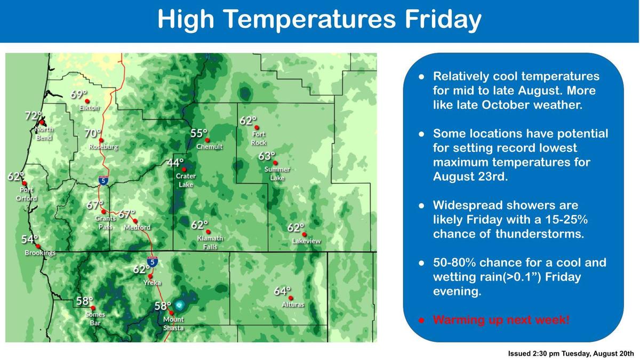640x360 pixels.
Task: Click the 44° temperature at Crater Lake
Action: pos(175,163)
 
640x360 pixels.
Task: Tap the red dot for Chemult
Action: pos(207,140)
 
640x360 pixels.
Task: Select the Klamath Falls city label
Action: pos(210,242)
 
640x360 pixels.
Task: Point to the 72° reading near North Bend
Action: pos(34,115)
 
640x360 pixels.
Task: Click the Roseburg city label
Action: pos(103,147)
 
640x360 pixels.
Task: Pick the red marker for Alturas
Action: pos(291,298)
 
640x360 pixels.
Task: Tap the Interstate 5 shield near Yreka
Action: pos(153,262)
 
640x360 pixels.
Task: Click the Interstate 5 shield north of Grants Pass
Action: pos(103,180)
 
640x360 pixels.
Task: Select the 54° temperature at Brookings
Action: pos(30,239)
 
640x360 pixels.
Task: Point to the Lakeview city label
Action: pos(306,241)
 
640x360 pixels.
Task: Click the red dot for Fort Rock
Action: pos(257,127)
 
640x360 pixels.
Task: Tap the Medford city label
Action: pos(137,227)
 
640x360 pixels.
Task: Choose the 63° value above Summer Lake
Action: pos(267,156)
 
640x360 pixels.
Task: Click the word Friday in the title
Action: pos(443,19)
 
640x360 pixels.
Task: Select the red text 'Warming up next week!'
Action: pos(501,319)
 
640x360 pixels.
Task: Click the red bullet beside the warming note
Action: pos(421,321)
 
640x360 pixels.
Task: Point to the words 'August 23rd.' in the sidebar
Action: pos(470,177)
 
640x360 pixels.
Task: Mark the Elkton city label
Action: pos(89,108)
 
